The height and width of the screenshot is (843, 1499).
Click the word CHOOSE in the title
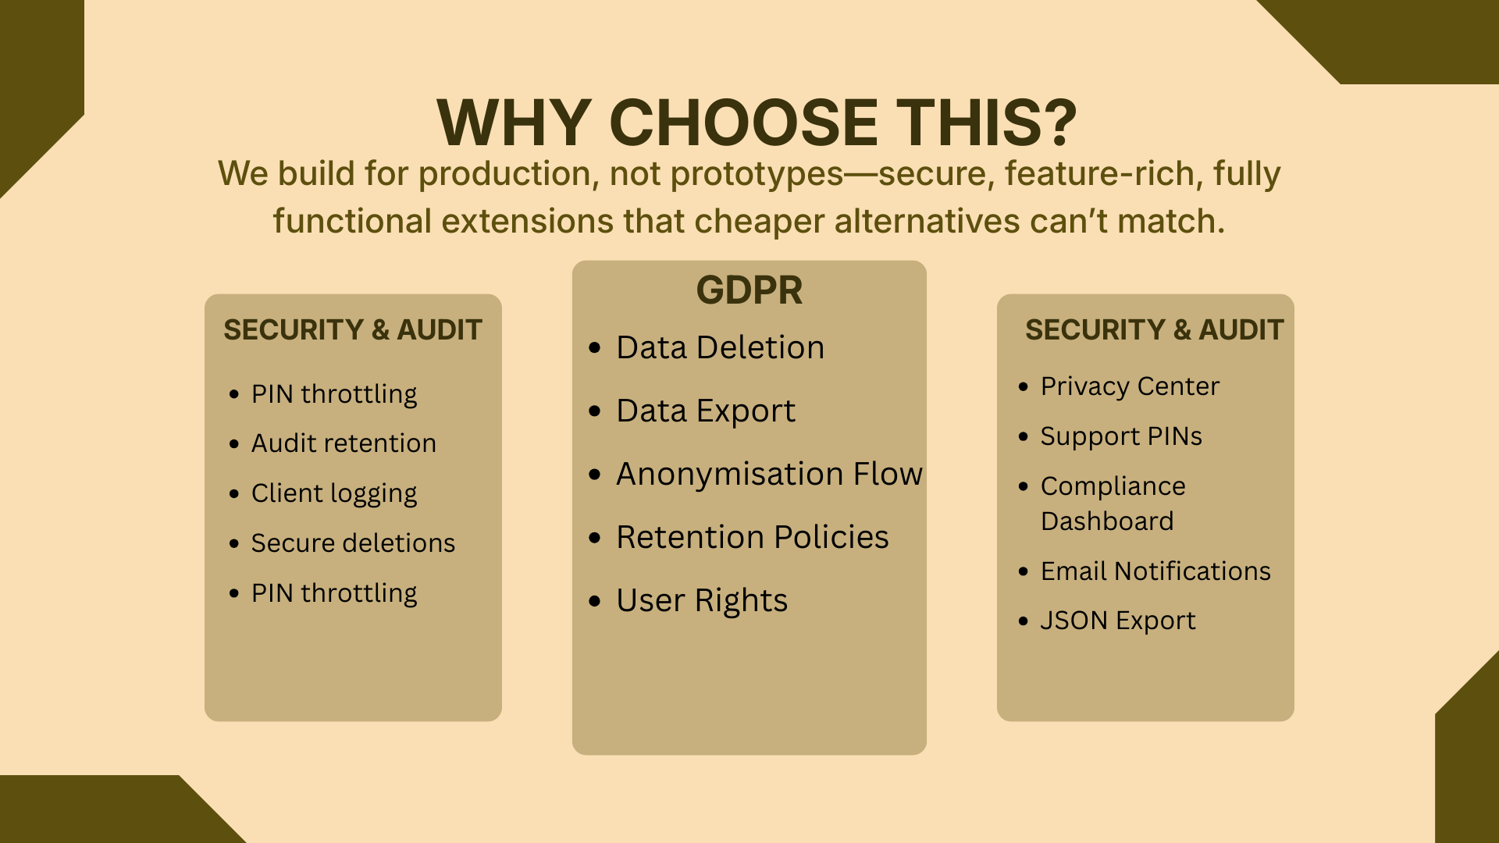[x=743, y=123]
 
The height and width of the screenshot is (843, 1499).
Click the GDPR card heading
[x=749, y=290]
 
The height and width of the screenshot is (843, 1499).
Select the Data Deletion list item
[x=720, y=347]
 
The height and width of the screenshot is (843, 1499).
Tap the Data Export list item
[x=706, y=411]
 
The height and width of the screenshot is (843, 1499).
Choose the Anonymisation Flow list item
[x=769, y=474]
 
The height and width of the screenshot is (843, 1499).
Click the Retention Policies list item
[x=753, y=537]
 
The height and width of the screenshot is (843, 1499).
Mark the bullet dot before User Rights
[x=595, y=601]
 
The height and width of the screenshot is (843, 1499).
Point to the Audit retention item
[x=344, y=443]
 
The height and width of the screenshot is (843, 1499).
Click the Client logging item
[x=334, y=494]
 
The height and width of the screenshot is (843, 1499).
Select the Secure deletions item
[x=353, y=543]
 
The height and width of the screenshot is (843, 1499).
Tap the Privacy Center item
[x=1130, y=386]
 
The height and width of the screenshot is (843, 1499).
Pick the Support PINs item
[x=1121, y=437]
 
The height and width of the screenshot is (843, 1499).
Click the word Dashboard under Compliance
[x=1107, y=521]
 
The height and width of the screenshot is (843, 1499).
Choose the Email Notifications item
[x=1155, y=571]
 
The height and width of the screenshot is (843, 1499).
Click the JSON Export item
[x=1118, y=621]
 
